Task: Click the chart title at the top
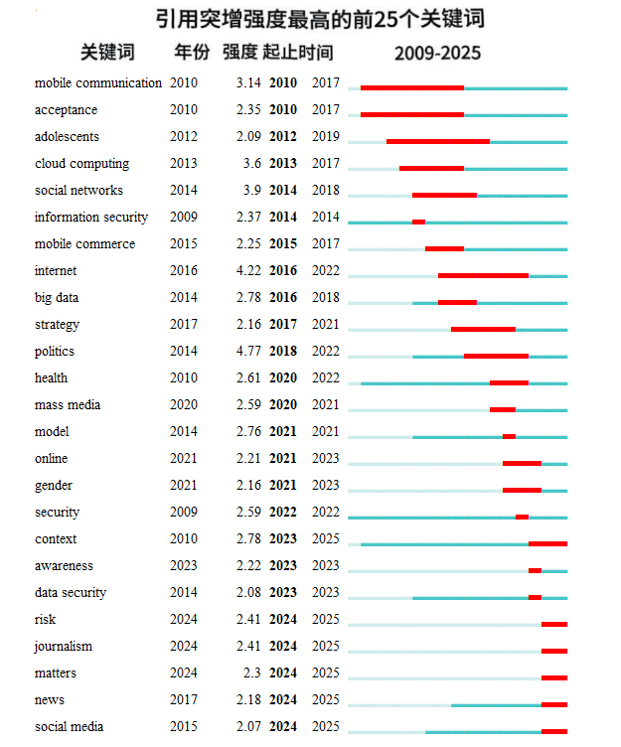click(320, 20)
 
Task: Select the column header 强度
click(240, 52)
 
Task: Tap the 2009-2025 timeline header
click(437, 53)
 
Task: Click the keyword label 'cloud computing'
click(82, 163)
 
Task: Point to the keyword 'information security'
click(91, 218)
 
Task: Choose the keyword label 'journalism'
click(64, 647)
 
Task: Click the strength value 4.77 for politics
click(248, 351)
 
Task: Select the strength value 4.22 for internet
click(248, 270)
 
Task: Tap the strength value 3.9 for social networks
click(252, 190)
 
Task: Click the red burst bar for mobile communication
click(412, 88)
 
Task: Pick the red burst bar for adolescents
click(438, 141)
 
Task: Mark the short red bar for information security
click(418, 222)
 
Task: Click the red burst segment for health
click(509, 383)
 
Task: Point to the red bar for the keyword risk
click(554, 624)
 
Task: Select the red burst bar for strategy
click(483, 329)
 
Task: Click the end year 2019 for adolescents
click(326, 137)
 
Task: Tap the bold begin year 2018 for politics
click(283, 351)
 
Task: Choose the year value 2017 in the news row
click(184, 700)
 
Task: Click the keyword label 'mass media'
click(68, 405)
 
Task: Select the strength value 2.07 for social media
click(248, 726)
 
